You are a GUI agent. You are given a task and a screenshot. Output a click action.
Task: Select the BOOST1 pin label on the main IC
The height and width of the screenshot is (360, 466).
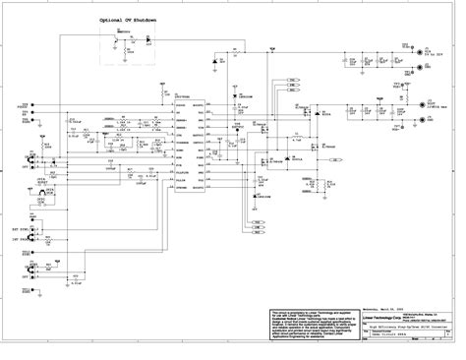(x=198, y=105)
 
